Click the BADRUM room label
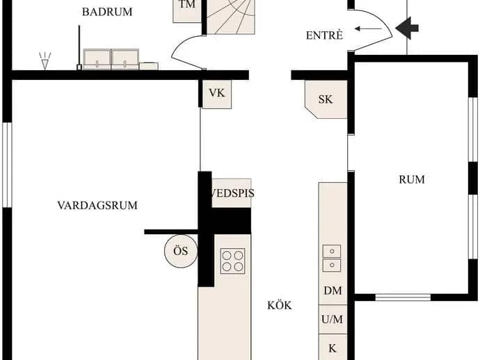tap(107, 12)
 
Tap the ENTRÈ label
tap(324, 35)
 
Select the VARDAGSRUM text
tap(97, 205)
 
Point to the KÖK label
tap(279, 305)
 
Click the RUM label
tap(412, 179)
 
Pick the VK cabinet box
tap(217, 95)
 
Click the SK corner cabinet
tap(326, 99)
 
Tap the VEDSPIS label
tap(232, 193)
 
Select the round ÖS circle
tap(181, 251)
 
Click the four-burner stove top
tap(232, 261)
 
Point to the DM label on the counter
tap(333, 291)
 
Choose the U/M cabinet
tap(333, 319)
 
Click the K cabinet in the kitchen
tap(333, 347)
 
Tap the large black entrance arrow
tap(407, 28)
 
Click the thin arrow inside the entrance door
tap(368, 29)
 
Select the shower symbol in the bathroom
tap(45, 60)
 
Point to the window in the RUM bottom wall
tap(403, 297)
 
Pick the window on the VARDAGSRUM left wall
tap(7, 165)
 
